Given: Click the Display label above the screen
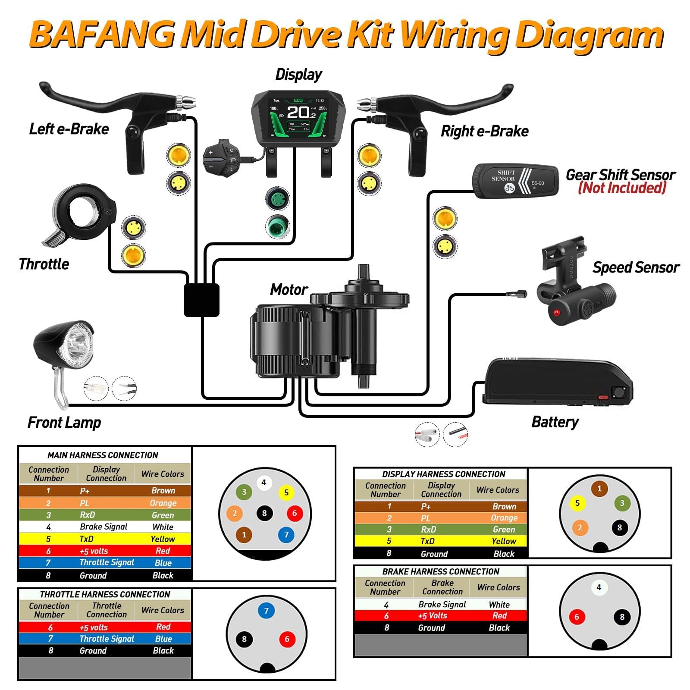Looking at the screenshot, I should pos(298,75).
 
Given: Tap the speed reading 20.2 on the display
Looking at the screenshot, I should pos(301,113).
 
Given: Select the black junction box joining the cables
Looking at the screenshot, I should pos(201,300).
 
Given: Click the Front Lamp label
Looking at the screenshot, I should pos(64,422).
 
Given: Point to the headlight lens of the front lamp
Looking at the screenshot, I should pos(78,345).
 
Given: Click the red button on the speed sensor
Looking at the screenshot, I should pos(556,312).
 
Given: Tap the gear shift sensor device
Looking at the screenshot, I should pos(516,181).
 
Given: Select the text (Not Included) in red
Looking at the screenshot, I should pos(622,188).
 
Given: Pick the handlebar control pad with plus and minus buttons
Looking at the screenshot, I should pos(221,158).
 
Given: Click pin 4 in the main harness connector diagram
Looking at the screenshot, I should pos(264,483).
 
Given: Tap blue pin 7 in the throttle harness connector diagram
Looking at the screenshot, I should pos(266,611).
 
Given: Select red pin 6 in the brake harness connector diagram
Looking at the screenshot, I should pos(577,617).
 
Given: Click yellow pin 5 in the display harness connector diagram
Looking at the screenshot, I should pos(577,503).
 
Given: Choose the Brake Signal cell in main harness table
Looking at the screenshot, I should pos(103,527).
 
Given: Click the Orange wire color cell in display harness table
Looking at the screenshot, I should pos(504,518).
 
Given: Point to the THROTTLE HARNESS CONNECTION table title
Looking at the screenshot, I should pos(105,594).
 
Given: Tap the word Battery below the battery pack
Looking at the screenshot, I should pos(555,422).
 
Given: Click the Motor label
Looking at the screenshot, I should pos(289,289).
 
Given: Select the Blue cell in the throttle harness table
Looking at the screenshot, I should pos(163,639).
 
